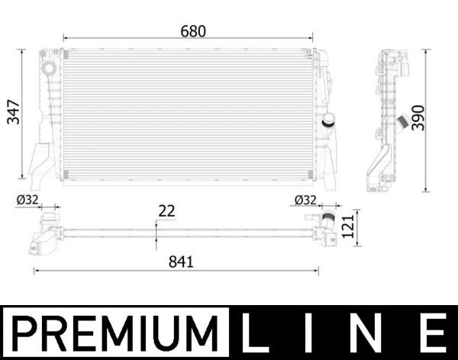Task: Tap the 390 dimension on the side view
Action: click(418, 117)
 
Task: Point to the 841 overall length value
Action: click(182, 261)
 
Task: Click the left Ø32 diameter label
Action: click(27, 200)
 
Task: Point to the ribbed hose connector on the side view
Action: click(399, 122)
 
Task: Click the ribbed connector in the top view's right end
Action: click(328, 223)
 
